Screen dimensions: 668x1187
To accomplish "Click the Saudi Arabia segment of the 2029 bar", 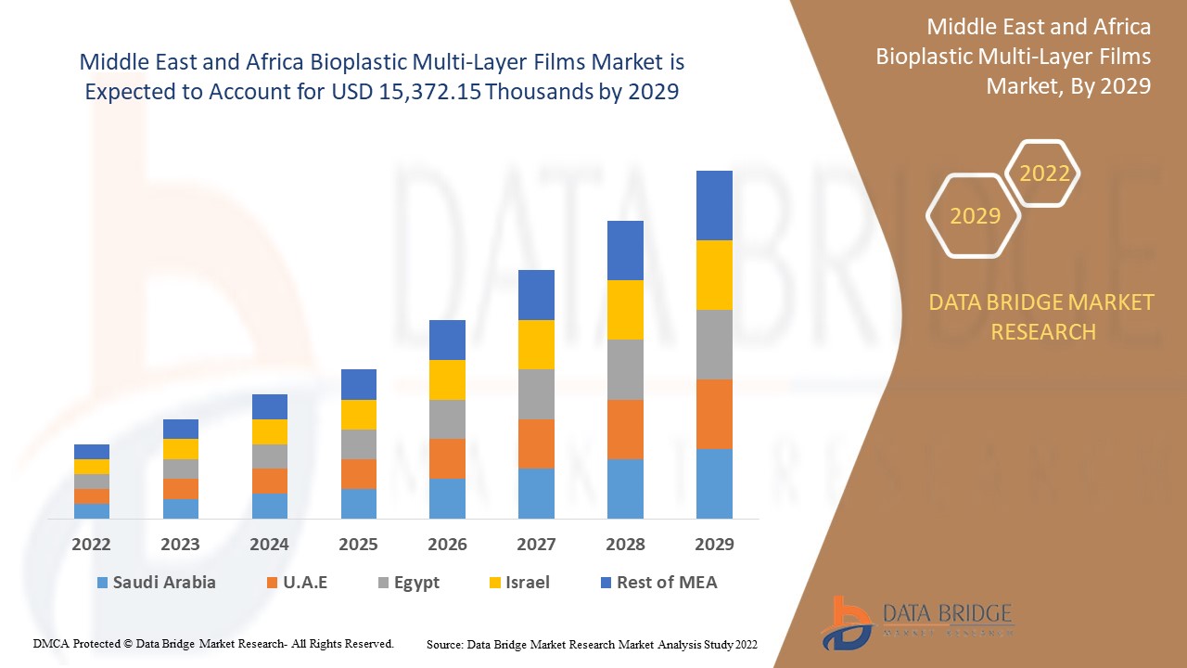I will click(x=714, y=483).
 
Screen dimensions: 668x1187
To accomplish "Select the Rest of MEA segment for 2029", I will click(x=714, y=205).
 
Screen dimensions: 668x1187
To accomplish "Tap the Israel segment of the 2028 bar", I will click(x=625, y=310).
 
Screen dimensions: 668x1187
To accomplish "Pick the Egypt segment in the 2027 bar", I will click(x=536, y=394).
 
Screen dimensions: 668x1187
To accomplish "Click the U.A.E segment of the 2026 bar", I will click(x=447, y=458).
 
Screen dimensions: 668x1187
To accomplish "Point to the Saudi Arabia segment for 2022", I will click(x=92, y=510).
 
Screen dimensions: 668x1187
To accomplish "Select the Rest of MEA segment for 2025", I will click(x=359, y=384).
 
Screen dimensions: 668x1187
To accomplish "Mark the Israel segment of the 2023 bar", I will click(x=181, y=449).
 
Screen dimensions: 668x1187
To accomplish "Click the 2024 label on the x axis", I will click(x=269, y=545).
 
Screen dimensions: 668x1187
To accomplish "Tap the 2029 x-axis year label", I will click(x=714, y=545).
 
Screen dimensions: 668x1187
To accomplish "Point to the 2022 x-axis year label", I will click(x=92, y=545).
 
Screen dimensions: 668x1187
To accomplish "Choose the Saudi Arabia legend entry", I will click(x=156, y=583).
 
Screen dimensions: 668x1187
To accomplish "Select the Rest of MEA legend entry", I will click(x=658, y=583).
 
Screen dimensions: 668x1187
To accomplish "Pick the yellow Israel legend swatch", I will click(x=496, y=583).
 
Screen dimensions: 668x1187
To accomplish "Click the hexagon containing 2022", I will click(x=1044, y=173).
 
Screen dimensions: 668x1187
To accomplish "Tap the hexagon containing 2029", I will click(x=975, y=215).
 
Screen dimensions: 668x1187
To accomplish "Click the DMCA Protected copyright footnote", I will click(x=213, y=643).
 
